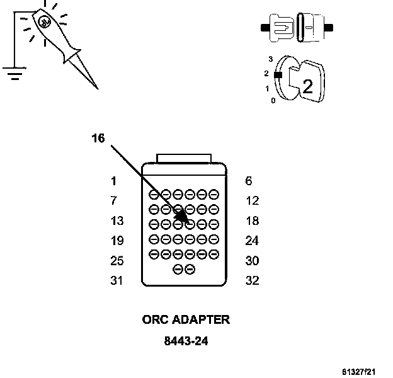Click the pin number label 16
[98, 138]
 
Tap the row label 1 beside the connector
[113, 181]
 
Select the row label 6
[249, 181]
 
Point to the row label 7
[113, 201]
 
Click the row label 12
[252, 201]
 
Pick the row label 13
[117, 221]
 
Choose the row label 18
[252, 221]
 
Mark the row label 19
[117, 241]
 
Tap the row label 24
[252, 241]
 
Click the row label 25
[117, 261]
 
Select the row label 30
[252, 261]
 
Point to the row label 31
[117, 281]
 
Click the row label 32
[252, 281]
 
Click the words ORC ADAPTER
[186, 319]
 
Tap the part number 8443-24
[186, 341]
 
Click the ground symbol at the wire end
[12, 73]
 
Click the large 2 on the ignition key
[307, 87]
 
